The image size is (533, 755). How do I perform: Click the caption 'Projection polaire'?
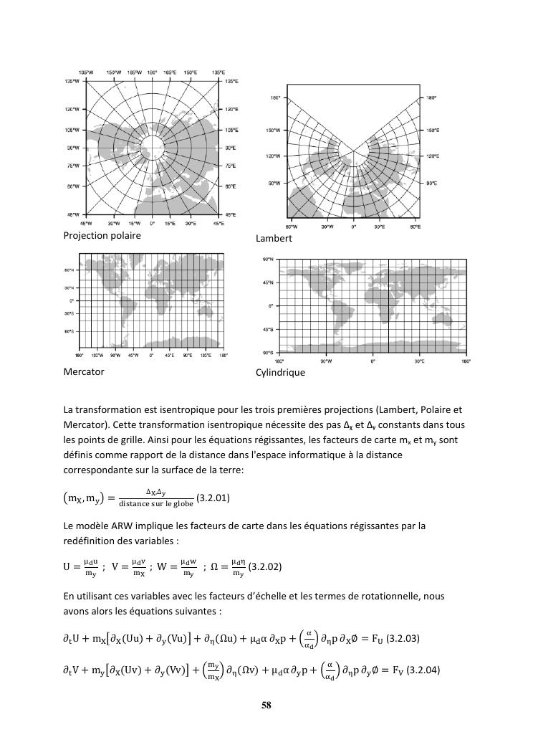point(102,235)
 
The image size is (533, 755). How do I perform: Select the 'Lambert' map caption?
point(274,238)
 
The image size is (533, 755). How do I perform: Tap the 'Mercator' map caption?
point(84,371)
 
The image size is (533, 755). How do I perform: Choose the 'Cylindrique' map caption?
point(280,372)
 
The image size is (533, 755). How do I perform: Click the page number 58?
point(266,706)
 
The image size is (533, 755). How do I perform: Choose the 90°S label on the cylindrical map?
point(267,352)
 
